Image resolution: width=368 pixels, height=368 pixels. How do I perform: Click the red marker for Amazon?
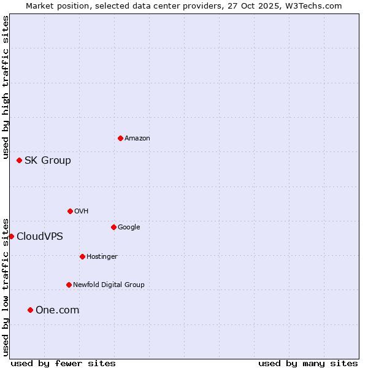click(120, 138)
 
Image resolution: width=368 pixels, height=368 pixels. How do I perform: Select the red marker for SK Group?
click(19, 160)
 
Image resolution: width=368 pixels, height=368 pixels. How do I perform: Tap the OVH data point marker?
click(70, 211)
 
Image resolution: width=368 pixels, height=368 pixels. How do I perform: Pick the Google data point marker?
click(113, 227)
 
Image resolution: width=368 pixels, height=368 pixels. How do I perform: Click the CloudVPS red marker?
click(11, 236)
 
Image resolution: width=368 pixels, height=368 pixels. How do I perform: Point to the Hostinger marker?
click(82, 256)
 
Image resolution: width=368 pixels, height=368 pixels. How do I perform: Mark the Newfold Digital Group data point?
click(69, 285)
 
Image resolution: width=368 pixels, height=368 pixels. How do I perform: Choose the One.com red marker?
click(30, 310)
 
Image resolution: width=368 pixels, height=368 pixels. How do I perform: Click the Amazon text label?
click(137, 138)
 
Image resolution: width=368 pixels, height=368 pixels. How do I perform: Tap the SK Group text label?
click(48, 161)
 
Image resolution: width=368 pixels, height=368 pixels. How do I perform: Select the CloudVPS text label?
click(40, 237)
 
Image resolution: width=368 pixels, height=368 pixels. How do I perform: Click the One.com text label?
click(58, 310)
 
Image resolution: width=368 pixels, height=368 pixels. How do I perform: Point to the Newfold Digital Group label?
click(109, 285)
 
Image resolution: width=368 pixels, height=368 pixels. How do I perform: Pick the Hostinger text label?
click(102, 256)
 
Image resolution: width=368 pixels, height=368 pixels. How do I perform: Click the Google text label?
click(129, 227)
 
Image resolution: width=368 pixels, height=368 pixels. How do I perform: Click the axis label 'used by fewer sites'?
click(63, 363)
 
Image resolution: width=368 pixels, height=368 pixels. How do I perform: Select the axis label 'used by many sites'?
click(308, 363)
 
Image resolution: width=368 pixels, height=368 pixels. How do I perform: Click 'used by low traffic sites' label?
click(6, 286)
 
